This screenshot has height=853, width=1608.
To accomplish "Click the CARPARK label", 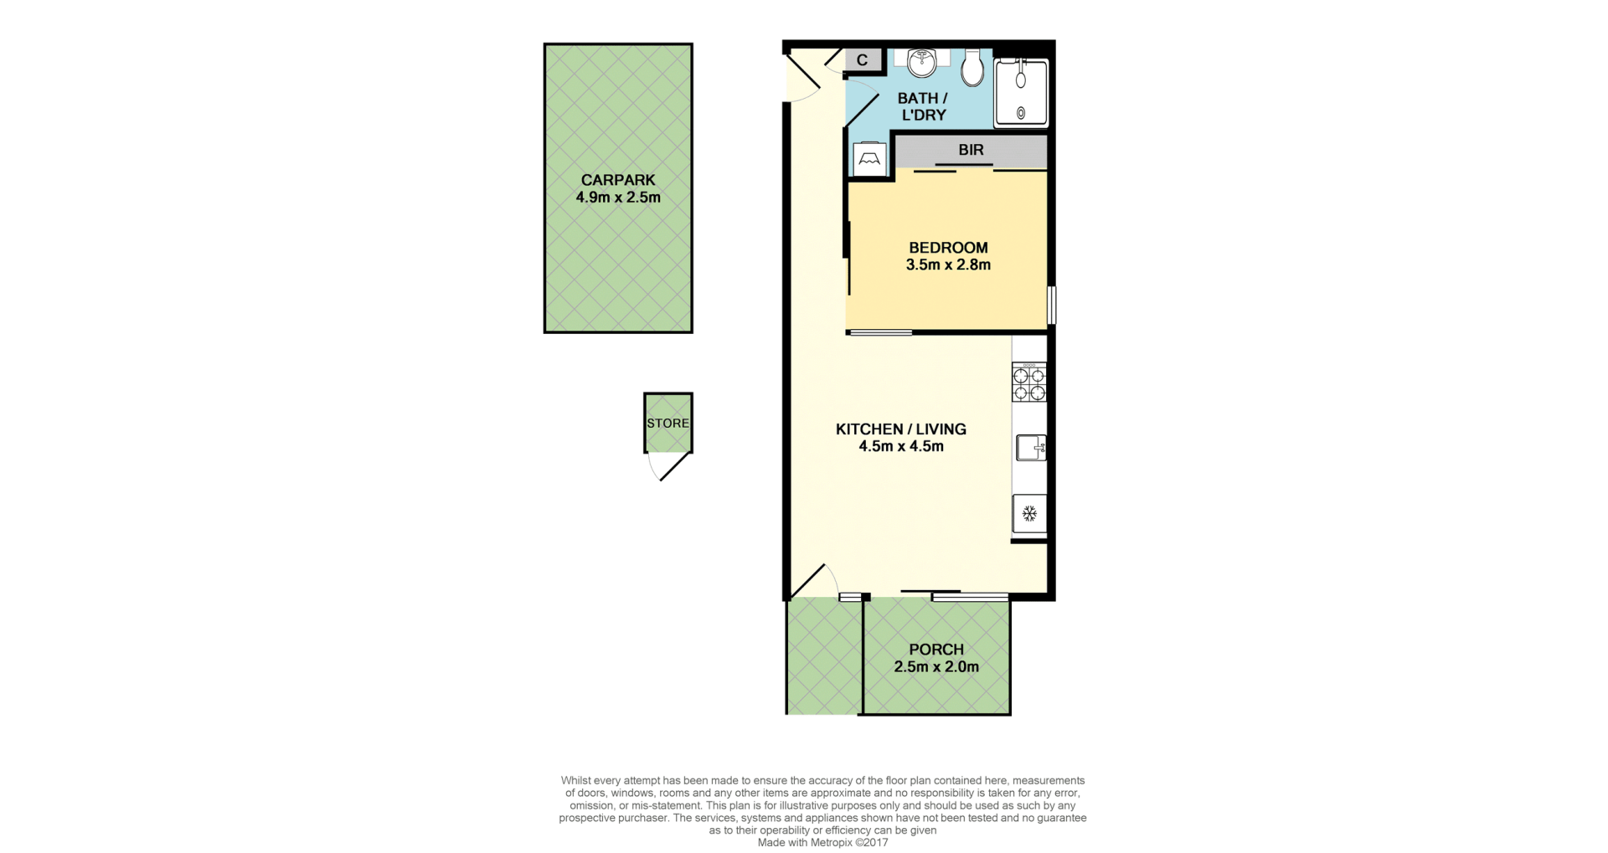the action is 618,180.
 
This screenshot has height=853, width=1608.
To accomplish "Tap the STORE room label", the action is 667,424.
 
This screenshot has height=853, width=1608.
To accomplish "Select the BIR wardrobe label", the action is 971,150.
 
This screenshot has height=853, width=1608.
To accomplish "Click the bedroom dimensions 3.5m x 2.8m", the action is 948,265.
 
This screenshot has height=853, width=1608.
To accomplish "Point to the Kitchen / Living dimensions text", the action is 901,447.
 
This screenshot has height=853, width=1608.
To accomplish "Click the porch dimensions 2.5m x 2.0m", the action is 936,667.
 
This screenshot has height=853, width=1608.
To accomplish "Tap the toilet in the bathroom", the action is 972,67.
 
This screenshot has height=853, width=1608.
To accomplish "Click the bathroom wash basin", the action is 922,63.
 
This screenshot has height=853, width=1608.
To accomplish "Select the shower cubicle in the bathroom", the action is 1021,93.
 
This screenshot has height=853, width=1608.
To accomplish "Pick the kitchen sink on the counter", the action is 1031,448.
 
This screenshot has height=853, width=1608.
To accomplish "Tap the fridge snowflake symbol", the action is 1029,513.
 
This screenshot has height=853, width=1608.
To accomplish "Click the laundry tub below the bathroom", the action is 869,159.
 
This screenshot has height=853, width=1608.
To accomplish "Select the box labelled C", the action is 863,60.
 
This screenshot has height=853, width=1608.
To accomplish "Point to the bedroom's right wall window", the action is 1052,305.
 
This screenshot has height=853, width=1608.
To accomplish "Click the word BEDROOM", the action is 948,248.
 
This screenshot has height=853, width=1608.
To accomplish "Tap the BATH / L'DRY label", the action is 923,106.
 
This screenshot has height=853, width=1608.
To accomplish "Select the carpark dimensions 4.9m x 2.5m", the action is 618,198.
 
